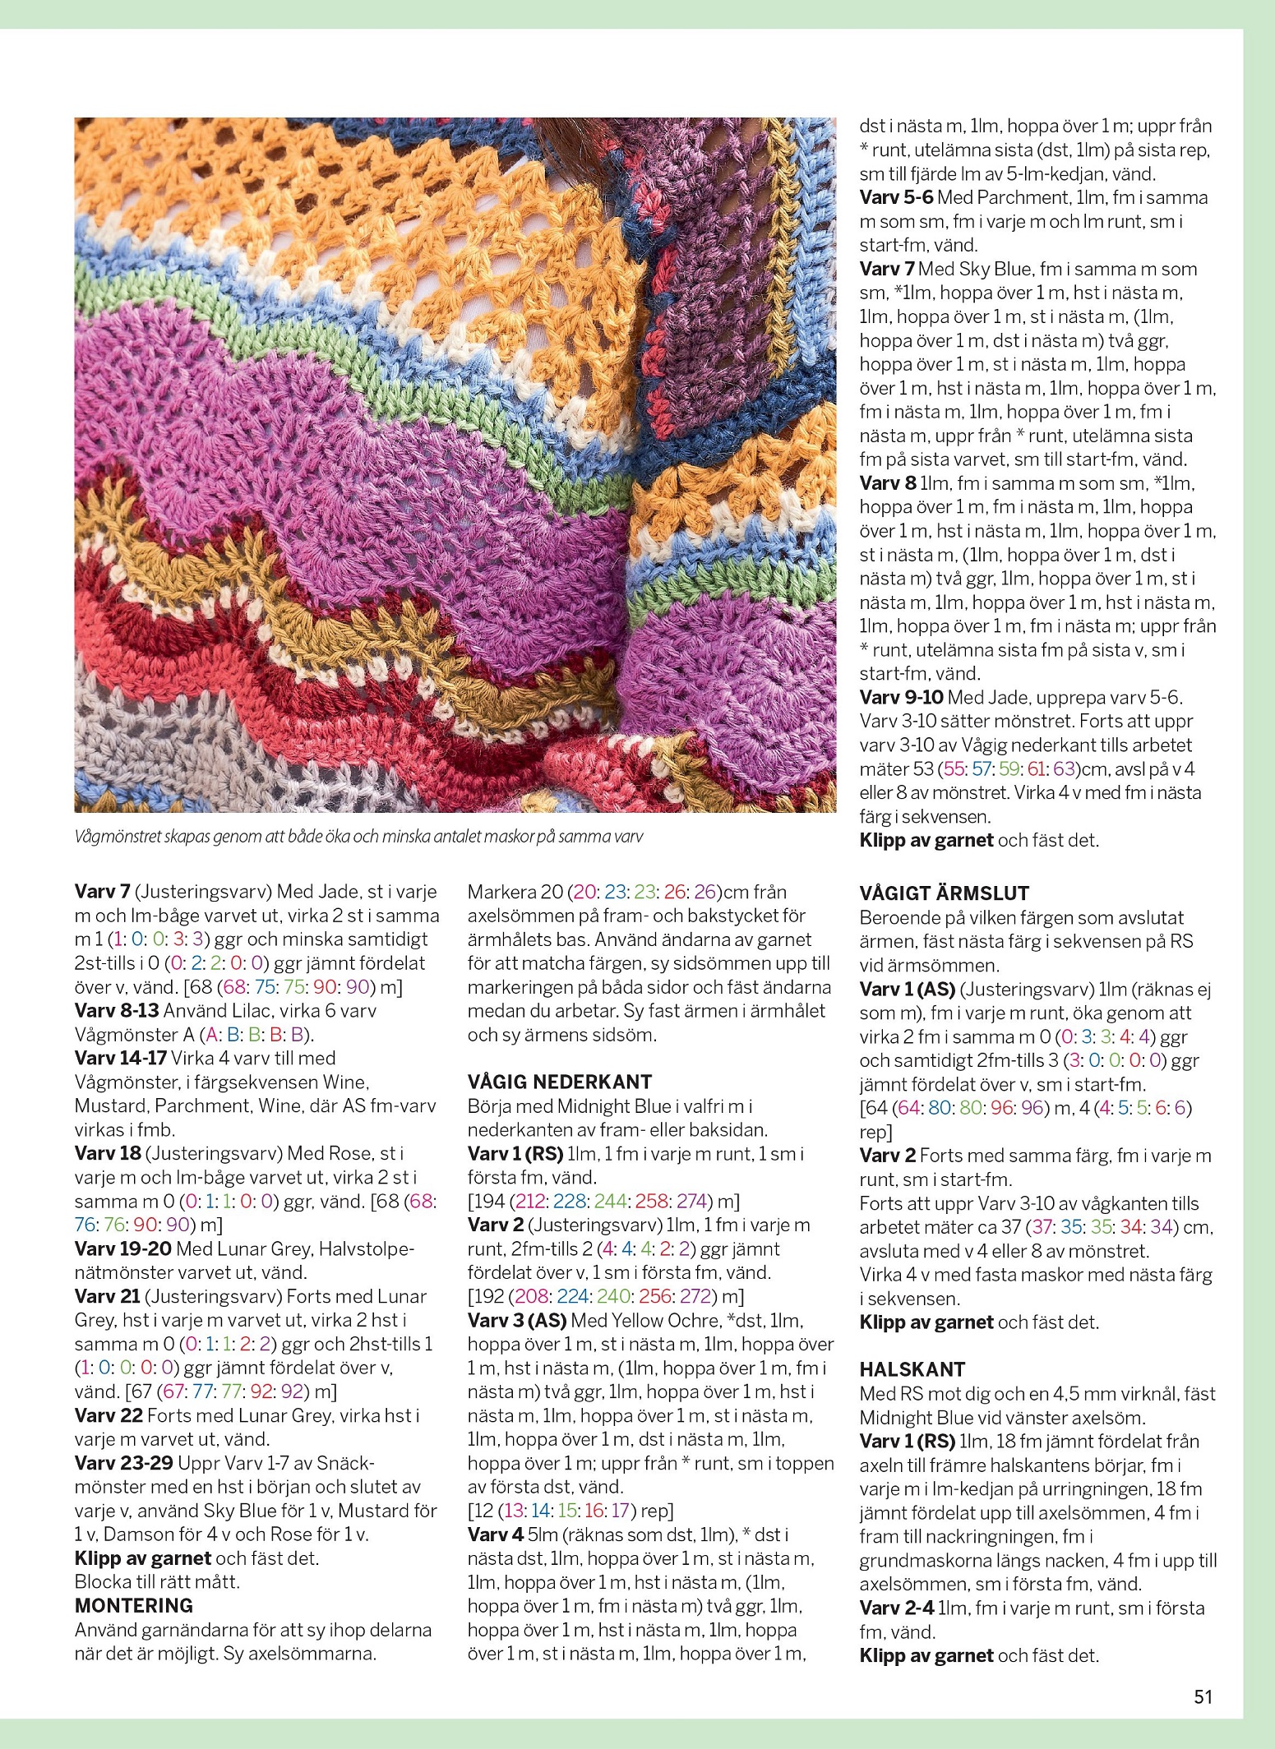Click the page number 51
1203,1696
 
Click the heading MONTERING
134,1605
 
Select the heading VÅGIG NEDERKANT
560,1082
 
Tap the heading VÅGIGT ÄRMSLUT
945,893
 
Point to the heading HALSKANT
912,1369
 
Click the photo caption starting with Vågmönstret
358,838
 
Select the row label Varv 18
108,1153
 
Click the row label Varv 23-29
123,1463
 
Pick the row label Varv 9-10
901,698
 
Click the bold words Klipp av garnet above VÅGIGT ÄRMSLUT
926,840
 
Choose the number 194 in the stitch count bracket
490,1201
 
